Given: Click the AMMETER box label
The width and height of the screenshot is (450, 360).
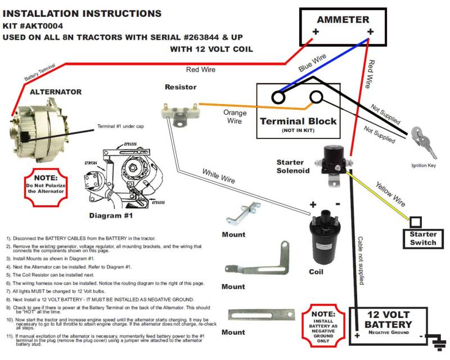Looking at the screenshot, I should (x=343, y=19).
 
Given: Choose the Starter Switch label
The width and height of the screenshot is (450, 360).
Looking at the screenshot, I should (x=423, y=238).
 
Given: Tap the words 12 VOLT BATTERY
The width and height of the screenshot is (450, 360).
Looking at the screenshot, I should (x=388, y=319).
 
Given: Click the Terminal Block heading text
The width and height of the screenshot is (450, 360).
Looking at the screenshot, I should (x=298, y=121).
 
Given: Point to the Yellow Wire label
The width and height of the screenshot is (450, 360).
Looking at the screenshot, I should (x=390, y=193).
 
